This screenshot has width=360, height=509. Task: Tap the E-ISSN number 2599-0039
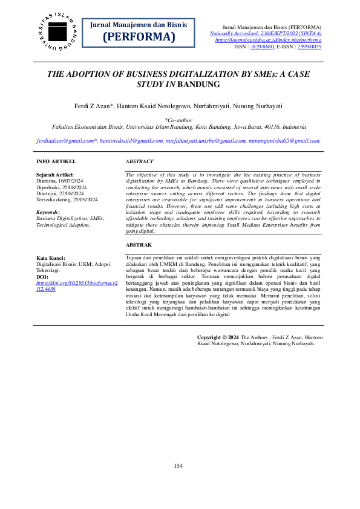[x=309, y=46]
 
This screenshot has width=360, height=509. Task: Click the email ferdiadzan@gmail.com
[x=66, y=140]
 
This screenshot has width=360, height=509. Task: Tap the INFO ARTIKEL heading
[x=56, y=162]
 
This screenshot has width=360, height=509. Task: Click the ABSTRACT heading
[x=139, y=162]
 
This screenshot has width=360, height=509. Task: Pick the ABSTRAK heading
[x=139, y=245]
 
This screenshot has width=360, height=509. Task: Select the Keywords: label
[x=48, y=212]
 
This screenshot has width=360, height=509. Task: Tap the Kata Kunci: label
[x=51, y=258]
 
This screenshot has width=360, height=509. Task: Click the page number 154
[x=178, y=465]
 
